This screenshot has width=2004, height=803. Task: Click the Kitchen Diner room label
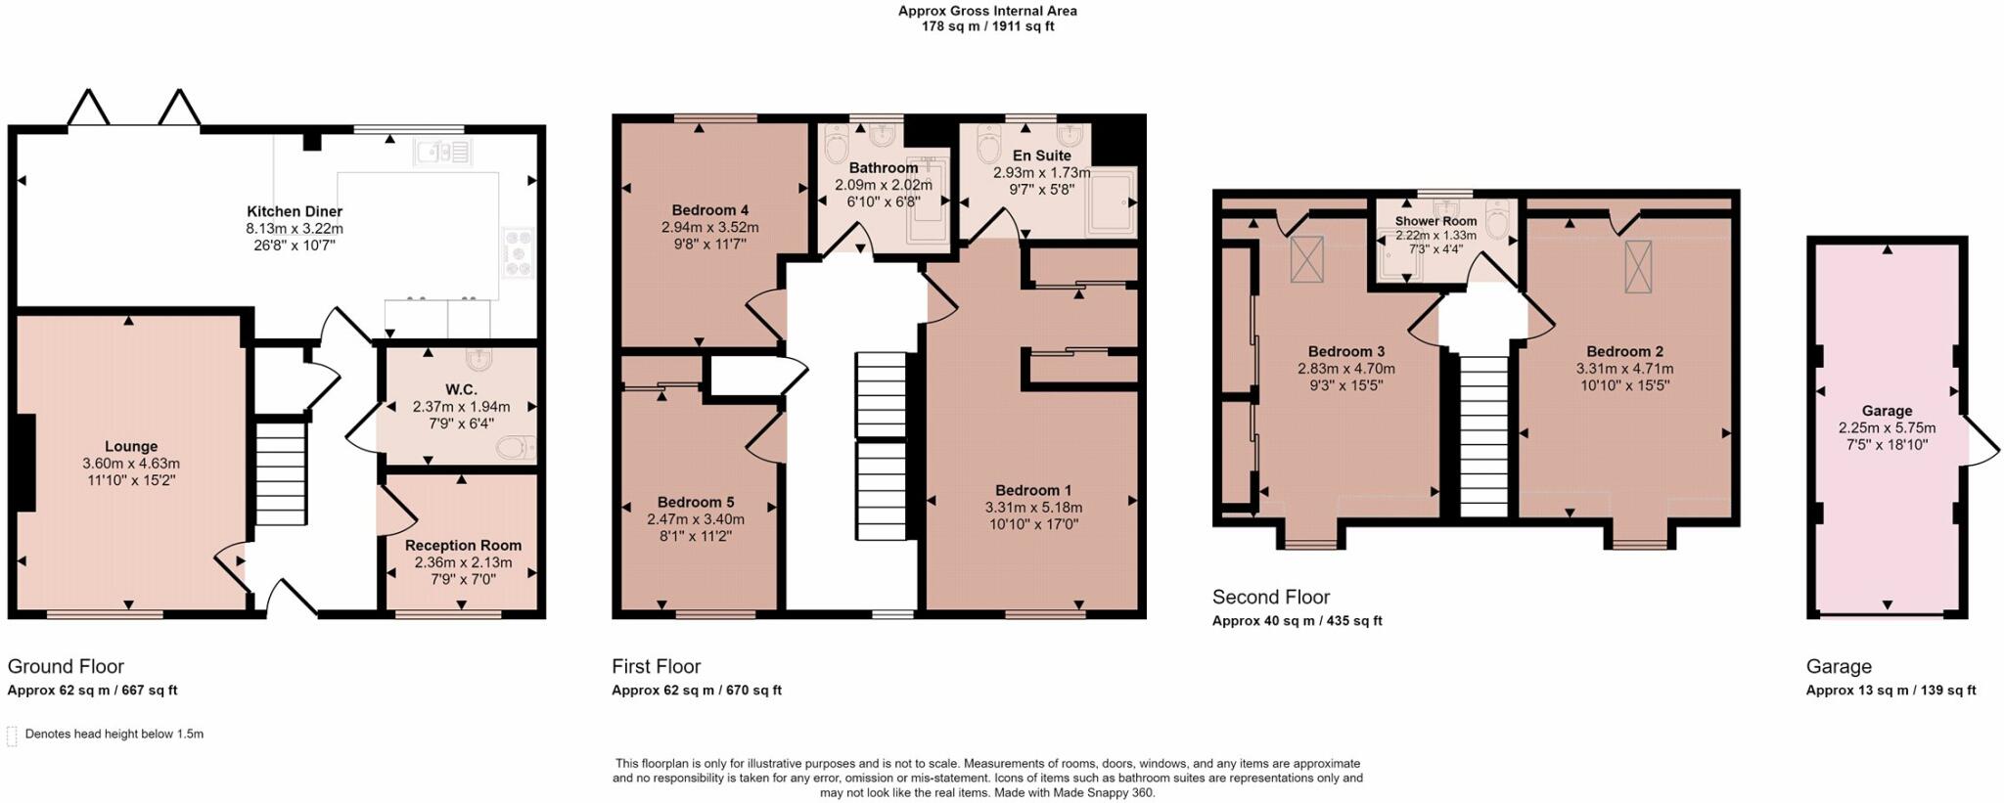click(295, 211)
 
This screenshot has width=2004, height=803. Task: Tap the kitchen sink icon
click(443, 152)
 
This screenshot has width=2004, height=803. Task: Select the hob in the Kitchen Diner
click(518, 251)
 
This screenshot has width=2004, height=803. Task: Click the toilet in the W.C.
click(515, 448)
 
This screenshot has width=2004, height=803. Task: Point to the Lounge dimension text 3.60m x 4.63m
click(131, 464)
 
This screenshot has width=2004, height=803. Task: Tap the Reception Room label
click(463, 546)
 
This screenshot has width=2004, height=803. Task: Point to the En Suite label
click(1041, 156)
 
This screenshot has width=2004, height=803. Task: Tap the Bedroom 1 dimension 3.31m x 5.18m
click(1033, 508)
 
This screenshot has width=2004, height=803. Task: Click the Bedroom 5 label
click(696, 503)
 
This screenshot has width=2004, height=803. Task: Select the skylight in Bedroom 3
click(1306, 260)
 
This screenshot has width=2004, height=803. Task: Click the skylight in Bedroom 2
click(1639, 266)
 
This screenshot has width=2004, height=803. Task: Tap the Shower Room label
click(1436, 221)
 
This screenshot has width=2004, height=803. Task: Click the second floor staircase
click(1483, 435)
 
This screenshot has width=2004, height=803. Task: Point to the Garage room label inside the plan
click(1887, 411)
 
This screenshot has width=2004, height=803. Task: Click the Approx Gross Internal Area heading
click(988, 12)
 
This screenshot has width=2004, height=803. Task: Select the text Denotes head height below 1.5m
click(114, 734)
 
